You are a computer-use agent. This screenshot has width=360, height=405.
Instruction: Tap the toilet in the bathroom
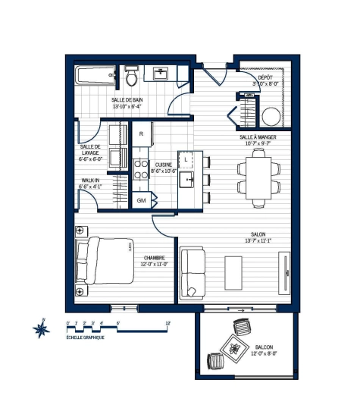130,77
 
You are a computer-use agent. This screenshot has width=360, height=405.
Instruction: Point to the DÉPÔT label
265,77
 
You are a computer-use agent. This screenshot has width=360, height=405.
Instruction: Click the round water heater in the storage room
271,117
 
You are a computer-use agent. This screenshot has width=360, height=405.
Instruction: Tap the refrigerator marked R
141,134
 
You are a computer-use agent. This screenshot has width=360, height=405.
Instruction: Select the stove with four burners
141,168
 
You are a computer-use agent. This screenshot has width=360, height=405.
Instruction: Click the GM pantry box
142,200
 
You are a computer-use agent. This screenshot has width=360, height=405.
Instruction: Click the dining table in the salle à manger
258,175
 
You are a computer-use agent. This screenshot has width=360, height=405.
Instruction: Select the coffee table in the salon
233,271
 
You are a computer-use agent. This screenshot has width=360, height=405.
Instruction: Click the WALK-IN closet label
91,181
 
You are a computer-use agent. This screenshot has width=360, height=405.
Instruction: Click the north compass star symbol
41,329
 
